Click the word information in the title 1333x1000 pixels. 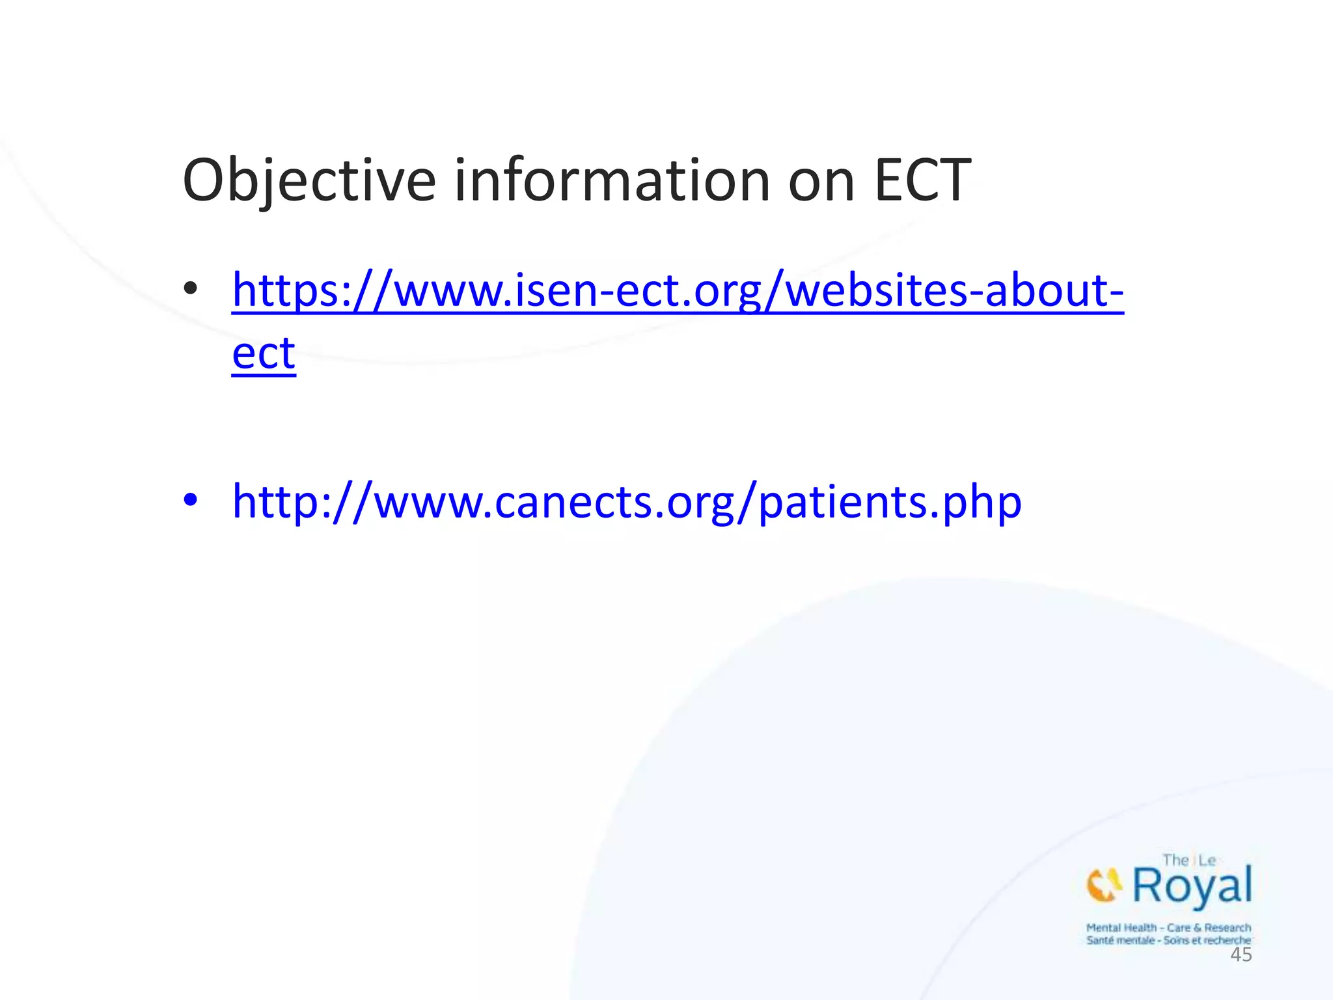612,180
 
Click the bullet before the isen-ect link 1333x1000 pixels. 190,288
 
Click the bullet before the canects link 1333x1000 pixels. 190,500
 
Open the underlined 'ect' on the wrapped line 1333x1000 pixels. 264,354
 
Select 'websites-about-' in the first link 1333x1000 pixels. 954,291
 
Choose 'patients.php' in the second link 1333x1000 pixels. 890,502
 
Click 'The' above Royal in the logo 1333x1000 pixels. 1175,860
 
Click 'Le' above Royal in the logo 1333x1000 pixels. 1207,860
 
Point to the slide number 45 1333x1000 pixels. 1241,955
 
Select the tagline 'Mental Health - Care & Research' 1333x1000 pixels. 1168,928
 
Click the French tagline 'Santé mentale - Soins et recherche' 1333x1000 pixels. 1168,940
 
